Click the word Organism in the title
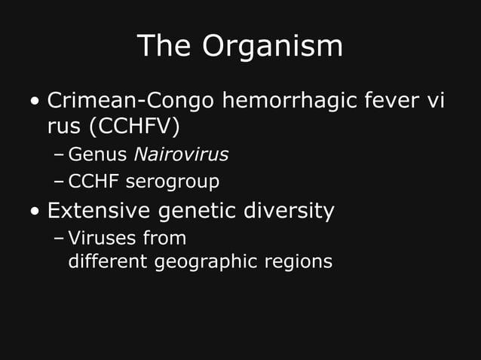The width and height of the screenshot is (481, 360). [x=272, y=47]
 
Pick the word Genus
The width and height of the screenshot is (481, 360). [x=97, y=155]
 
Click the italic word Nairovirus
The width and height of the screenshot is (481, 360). [x=181, y=155]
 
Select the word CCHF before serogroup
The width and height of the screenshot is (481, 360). [x=93, y=182]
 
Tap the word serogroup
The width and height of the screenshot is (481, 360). [x=173, y=182]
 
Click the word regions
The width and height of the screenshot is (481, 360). [x=299, y=263]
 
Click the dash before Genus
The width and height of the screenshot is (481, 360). [x=59, y=156]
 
